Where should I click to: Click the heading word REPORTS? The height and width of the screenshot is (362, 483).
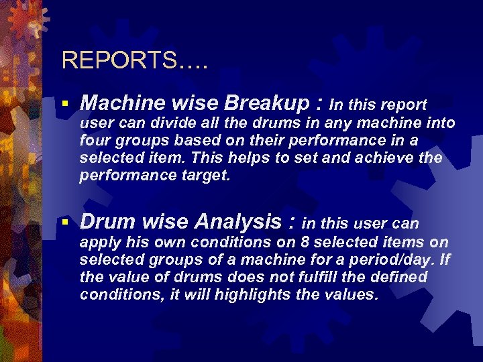[x=119, y=61]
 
